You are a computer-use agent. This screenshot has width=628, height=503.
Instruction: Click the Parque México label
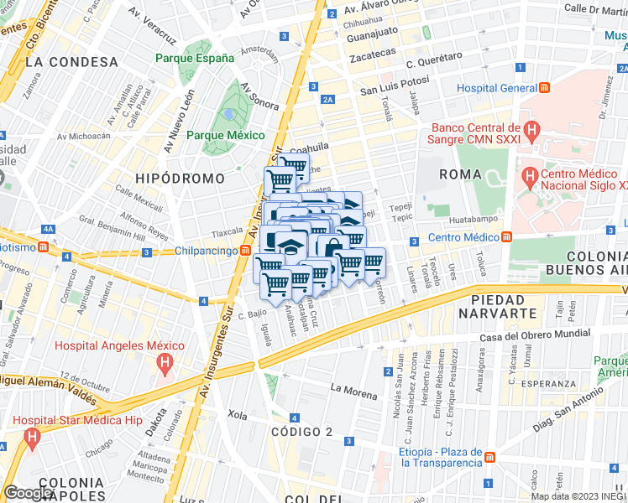[x=225, y=135]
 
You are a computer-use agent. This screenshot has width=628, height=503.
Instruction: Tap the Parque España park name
[x=195, y=59]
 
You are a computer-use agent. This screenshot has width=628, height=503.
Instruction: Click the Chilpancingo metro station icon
[x=245, y=251]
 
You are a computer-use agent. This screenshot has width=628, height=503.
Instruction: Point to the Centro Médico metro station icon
[x=508, y=237]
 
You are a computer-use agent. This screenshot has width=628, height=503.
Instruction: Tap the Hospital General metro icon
[x=545, y=88]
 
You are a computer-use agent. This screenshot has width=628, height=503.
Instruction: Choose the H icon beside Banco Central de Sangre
[x=531, y=130]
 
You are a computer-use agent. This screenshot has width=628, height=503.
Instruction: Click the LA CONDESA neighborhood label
[x=71, y=62]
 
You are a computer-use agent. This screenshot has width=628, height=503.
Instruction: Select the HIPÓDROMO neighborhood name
[x=180, y=179]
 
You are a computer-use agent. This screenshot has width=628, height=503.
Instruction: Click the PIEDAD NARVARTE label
[x=504, y=306]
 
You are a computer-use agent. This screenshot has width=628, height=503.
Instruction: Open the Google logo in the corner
[x=29, y=492]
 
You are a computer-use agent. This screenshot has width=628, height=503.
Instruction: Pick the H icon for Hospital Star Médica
[x=32, y=437]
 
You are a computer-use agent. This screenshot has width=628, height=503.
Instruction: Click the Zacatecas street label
[x=373, y=53]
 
